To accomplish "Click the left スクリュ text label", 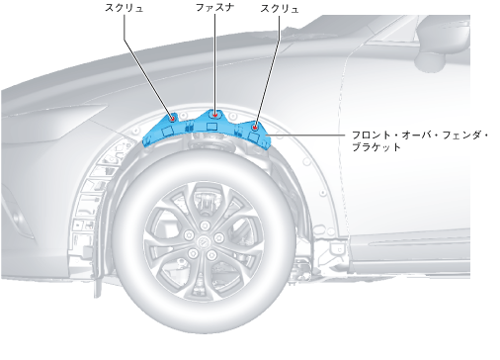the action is [124, 8].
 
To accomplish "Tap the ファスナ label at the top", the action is [214, 8].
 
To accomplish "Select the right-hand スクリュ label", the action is [280, 8].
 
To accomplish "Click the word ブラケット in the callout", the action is [376, 146].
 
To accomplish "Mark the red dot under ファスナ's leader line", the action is [215, 116].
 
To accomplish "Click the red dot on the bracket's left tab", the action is [172, 118].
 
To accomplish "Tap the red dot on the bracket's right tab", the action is [255, 128].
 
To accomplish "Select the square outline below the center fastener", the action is [211, 127].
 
